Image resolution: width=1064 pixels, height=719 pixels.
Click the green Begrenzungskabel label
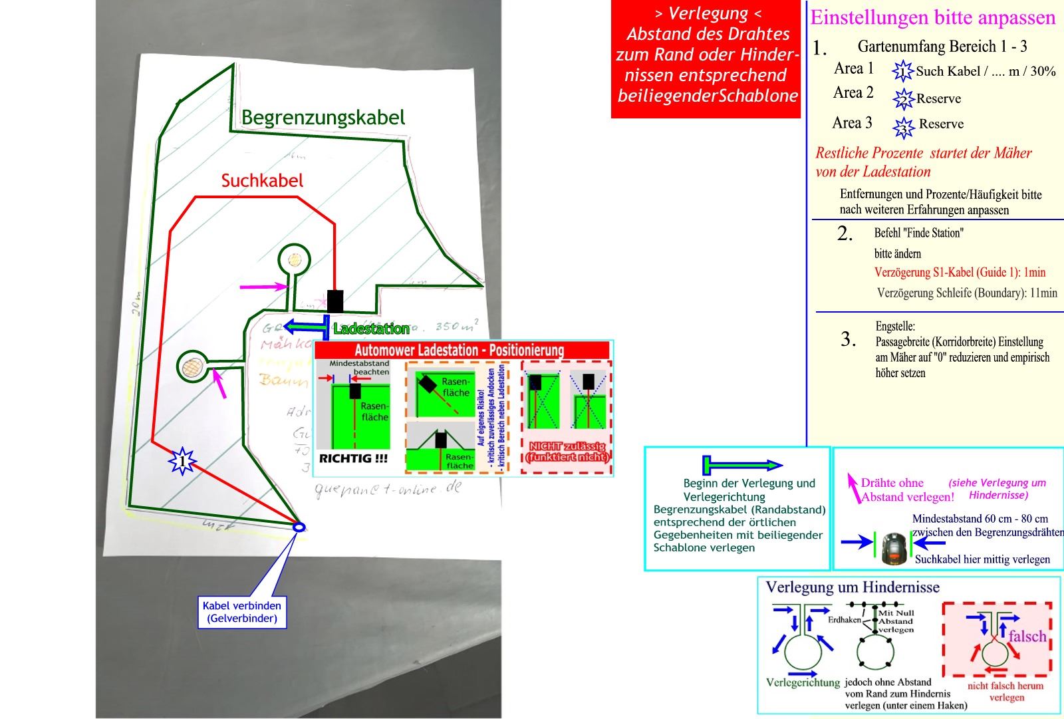(x=323, y=118)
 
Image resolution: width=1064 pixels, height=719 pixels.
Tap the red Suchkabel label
(x=262, y=181)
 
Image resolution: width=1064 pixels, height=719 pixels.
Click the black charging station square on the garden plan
(x=334, y=301)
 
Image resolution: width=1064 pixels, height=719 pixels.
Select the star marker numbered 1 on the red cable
(x=182, y=461)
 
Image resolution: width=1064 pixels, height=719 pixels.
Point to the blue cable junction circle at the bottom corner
(x=299, y=527)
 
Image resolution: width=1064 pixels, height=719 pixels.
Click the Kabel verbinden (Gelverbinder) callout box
(x=242, y=612)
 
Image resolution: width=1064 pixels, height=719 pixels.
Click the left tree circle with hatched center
(x=192, y=366)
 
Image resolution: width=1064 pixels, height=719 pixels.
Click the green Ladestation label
(x=371, y=329)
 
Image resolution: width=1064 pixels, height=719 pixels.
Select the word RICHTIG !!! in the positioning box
(x=353, y=458)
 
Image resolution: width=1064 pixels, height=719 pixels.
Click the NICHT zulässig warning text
(x=567, y=452)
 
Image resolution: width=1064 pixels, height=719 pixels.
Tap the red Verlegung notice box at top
(x=706, y=60)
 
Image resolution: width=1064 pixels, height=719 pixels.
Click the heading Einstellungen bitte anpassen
(x=932, y=18)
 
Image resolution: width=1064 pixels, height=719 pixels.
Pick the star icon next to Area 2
(x=903, y=99)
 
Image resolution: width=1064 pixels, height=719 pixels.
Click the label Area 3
(x=852, y=123)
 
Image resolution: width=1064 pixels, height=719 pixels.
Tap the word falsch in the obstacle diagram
(x=1027, y=637)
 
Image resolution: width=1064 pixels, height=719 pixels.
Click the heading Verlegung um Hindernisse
(x=853, y=587)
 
